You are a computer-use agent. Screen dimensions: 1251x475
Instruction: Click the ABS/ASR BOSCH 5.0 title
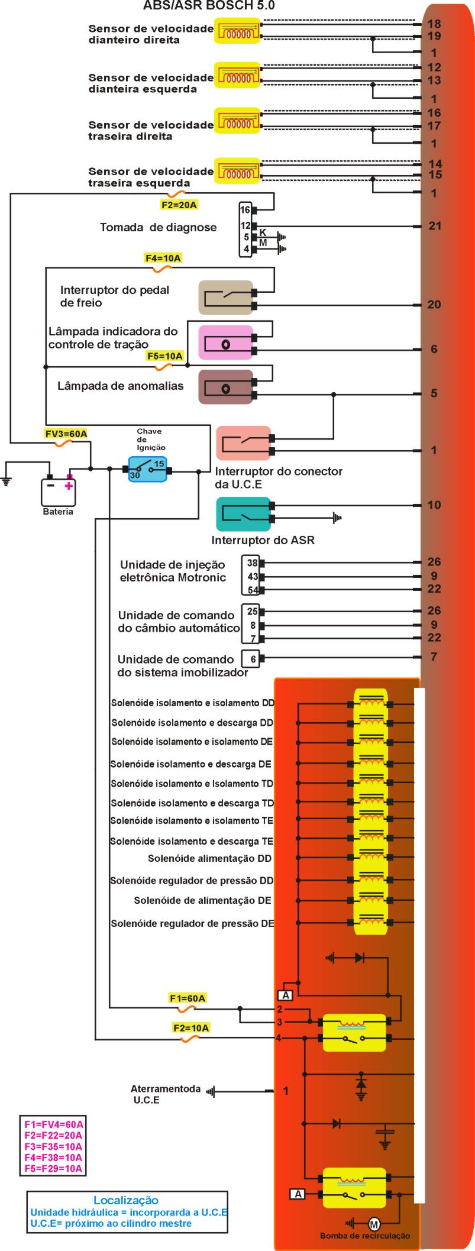(209, 7)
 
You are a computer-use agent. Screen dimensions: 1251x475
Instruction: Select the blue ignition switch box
(148, 469)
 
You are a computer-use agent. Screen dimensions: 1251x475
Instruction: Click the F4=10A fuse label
(163, 258)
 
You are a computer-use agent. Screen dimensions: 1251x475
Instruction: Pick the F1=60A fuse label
(188, 998)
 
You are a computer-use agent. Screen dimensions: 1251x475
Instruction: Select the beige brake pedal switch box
(225, 298)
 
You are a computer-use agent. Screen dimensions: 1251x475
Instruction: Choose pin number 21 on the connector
(435, 226)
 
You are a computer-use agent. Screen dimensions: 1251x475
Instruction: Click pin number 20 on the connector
(435, 305)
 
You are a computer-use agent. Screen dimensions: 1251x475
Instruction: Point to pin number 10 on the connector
(435, 505)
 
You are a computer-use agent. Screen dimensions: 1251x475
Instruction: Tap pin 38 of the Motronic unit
(253, 563)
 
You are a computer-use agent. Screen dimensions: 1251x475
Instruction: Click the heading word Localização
(126, 1200)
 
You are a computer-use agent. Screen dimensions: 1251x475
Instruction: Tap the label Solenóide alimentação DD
(210, 858)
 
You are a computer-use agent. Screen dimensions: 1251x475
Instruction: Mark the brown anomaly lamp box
(225, 388)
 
